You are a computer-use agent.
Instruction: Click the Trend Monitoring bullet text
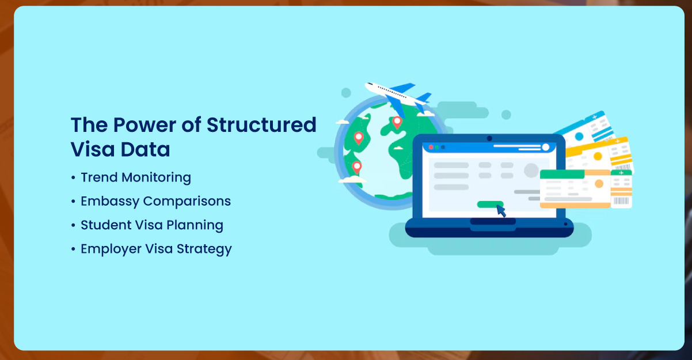click(x=136, y=177)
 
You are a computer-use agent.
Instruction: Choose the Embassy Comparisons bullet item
click(x=155, y=201)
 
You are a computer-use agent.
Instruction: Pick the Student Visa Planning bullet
click(x=152, y=225)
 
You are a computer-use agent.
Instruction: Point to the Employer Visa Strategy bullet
click(x=156, y=249)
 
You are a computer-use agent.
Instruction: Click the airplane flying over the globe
click(x=397, y=96)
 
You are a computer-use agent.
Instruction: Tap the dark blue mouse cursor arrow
click(x=501, y=211)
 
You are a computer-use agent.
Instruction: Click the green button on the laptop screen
click(x=489, y=204)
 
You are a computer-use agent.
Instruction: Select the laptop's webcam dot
click(x=489, y=138)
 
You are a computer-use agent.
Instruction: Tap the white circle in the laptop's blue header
click(x=545, y=147)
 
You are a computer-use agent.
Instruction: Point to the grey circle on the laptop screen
click(x=531, y=170)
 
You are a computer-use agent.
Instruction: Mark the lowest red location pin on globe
click(x=357, y=168)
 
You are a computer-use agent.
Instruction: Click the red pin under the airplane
click(x=396, y=122)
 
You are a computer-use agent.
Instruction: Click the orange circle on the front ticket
click(x=599, y=184)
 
